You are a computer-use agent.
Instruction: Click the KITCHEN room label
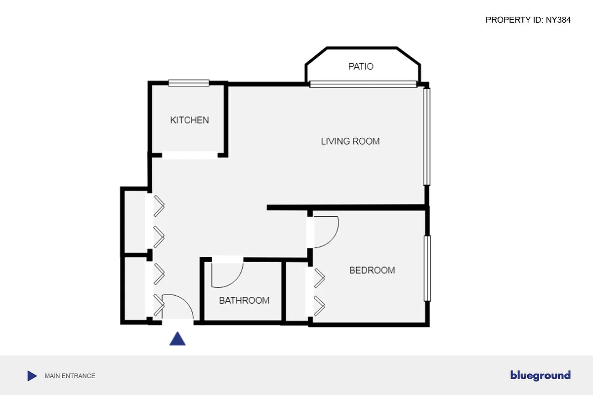pyautogui.click(x=189, y=120)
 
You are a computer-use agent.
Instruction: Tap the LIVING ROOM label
pyautogui.click(x=350, y=141)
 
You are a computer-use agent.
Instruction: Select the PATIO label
pyautogui.click(x=361, y=66)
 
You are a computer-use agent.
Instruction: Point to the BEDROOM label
pyautogui.click(x=372, y=270)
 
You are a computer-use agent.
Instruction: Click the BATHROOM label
pyautogui.click(x=244, y=300)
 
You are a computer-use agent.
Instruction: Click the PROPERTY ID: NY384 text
pyautogui.click(x=528, y=20)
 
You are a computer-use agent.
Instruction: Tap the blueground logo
pyautogui.click(x=540, y=376)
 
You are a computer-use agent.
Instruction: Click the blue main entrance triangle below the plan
pyautogui.click(x=177, y=339)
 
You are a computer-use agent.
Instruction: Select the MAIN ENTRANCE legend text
pyautogui.click(x=70, y=376)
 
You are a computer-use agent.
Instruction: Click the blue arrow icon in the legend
pyautogui.click(x=32, y=376)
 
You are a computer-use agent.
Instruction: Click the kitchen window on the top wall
pyautogui.click(x=189, y=83)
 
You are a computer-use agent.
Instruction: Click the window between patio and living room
pyautogui.click(x=363, y=84)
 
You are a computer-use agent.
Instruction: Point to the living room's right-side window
pyautogui.click(x=427, y=136)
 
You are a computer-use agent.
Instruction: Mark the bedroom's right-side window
pyautogui.click(x=427, y=268)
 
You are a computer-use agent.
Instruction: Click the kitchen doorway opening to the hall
pyautogui.click(x=189, y=155)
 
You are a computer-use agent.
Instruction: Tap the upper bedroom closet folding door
pyautogui.click(x=319, y=278)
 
